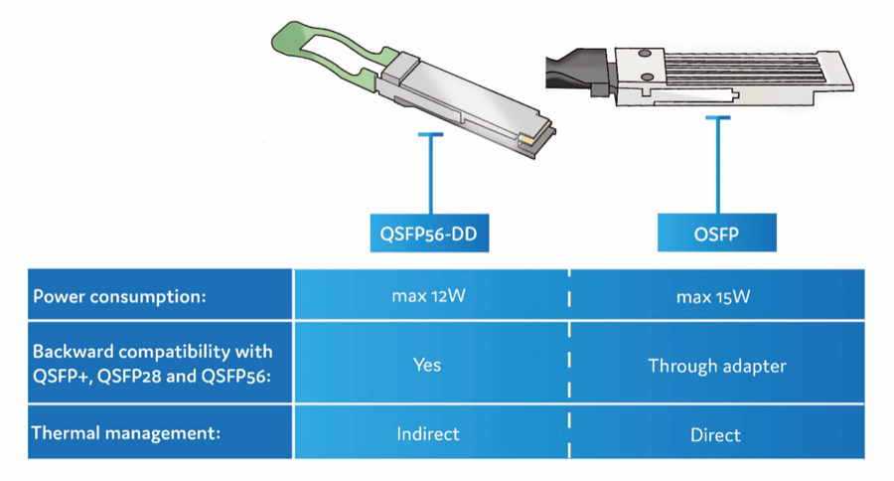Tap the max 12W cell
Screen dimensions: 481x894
(x=428, y=297)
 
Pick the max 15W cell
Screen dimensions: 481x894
(x=716, y=297)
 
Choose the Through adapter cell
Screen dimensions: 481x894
(x=716, y=366)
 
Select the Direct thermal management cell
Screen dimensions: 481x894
(x=716, y=434)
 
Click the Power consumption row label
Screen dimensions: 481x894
(x=120, y=297)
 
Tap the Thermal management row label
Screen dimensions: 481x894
(x=124, y=433)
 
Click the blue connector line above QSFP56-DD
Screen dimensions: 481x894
(x=429, y=174)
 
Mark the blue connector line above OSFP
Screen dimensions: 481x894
(x=716, y=164)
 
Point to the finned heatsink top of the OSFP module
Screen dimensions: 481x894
(x=735, y=70)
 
